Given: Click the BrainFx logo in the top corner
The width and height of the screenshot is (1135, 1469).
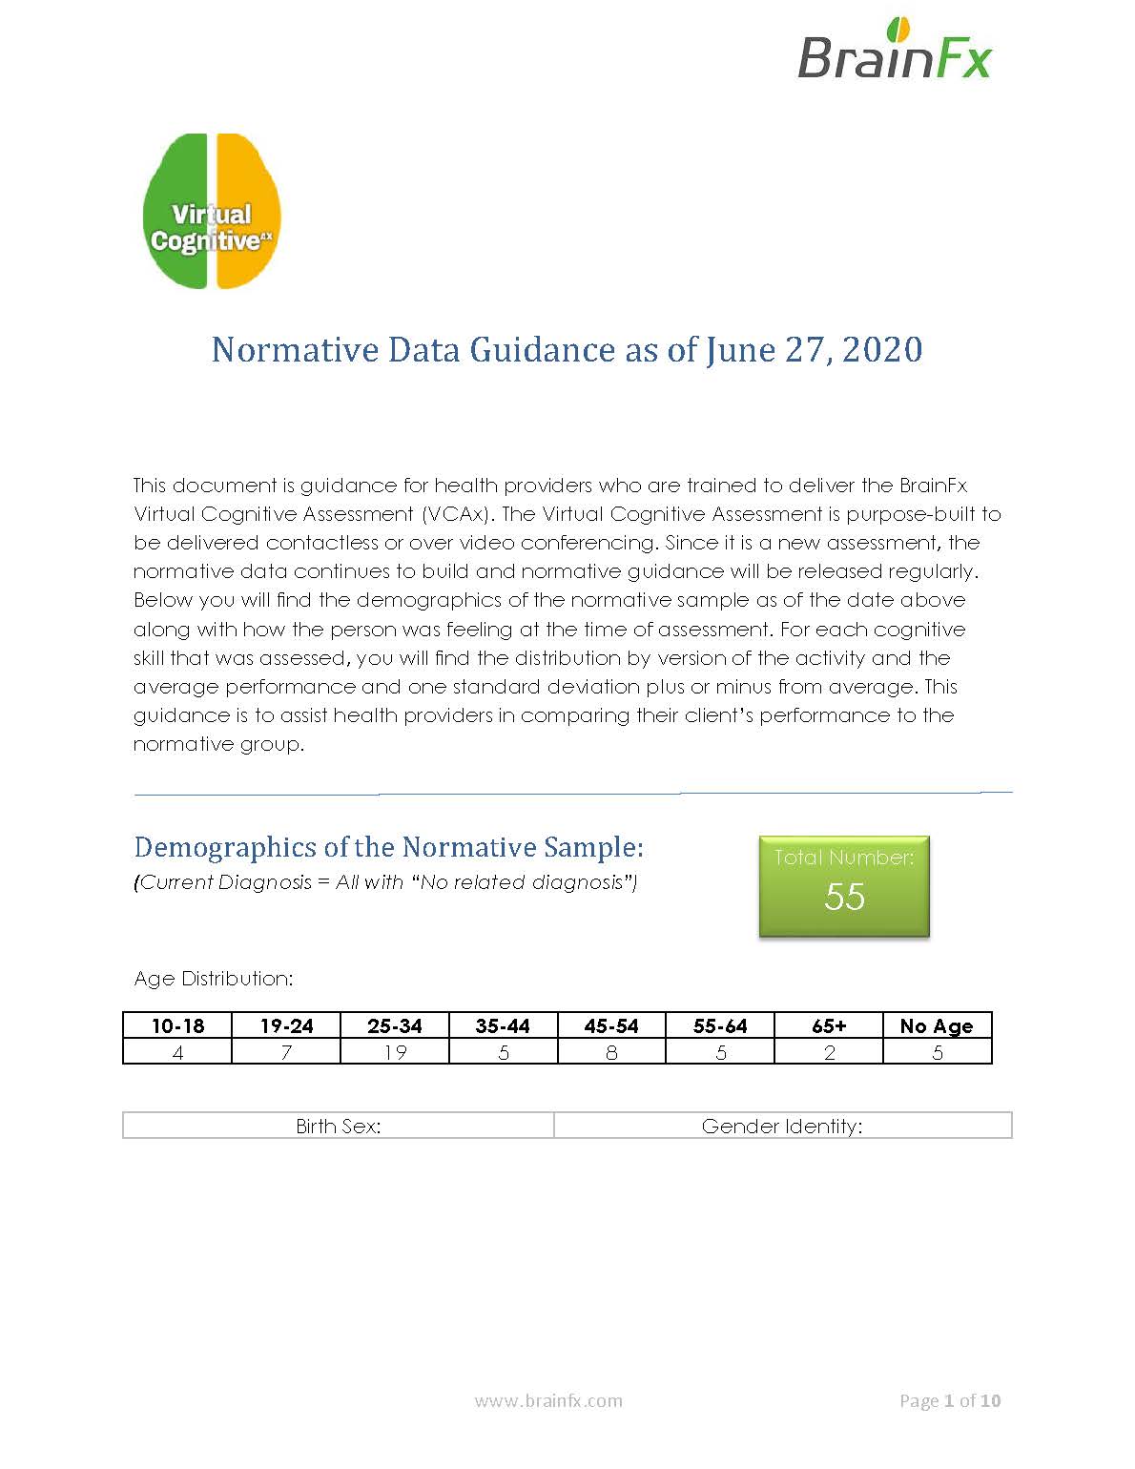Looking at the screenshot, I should (x=894, y=50).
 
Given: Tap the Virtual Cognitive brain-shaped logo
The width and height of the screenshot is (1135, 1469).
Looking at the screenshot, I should (x=211, y=212).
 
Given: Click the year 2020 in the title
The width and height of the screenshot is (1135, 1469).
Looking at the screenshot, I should (x=882, y=350).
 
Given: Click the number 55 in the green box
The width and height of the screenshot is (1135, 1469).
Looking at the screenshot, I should (x=844, y=897).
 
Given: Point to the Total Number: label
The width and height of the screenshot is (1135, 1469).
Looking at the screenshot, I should (x=844, y=858).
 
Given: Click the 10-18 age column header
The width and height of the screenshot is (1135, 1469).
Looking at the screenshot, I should (x=177, y=1026).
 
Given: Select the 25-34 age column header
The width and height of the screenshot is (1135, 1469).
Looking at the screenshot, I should (x=395, y=1026).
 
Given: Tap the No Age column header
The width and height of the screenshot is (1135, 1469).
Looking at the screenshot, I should (x=937, y=1026).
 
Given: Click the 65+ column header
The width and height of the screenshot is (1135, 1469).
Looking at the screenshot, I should (x=829, y=1026).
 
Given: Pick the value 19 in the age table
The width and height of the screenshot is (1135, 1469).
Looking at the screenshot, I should (x=395, y=1052).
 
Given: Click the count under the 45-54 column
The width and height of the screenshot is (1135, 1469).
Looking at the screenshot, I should (x=611, y=1052).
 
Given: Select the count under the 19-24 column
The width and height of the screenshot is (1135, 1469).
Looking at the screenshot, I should (x=286, y=1052).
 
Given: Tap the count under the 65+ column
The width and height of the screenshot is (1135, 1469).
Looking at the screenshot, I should (x=829, y=1052).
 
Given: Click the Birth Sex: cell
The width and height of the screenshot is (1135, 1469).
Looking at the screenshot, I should (x=339, y=1127).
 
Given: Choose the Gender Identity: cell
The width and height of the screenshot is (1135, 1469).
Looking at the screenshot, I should (x=782, y=1127).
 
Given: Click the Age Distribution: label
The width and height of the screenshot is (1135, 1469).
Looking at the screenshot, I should (x=214, y=979).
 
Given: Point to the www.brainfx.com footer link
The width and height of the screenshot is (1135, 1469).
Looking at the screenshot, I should (x=548, y=1400).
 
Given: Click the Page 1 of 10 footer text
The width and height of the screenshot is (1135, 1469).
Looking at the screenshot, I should (x=950, y=1400).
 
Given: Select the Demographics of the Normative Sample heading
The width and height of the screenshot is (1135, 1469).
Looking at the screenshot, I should (x=389, y=847).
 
